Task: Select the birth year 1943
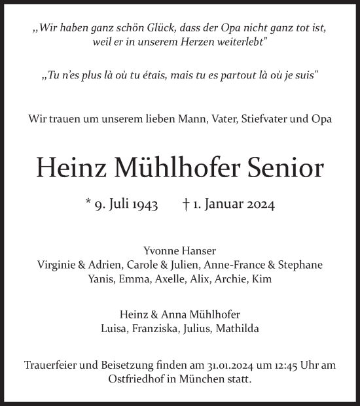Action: [x=143, y=205]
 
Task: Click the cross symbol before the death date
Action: [x=187, y=204]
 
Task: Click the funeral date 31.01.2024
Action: [x=217, y=364]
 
